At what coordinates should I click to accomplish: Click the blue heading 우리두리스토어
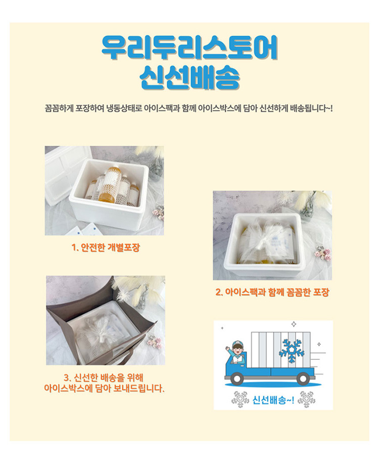(x=189, y=49)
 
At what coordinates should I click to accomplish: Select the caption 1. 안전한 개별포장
(x=106, y=248)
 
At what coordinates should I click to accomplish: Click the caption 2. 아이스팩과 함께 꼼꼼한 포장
(x=272, y=292)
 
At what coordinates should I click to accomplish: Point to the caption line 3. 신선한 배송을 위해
(x=104, y=378)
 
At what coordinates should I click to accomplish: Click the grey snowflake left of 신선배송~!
(x=240, y=399)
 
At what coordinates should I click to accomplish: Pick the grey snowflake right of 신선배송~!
(x=306, y=399)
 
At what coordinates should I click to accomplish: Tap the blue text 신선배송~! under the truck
(x=273, y=400)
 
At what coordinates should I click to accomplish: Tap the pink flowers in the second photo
(x=322, y=253)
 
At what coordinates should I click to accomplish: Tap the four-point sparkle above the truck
(x=294, y=324)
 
